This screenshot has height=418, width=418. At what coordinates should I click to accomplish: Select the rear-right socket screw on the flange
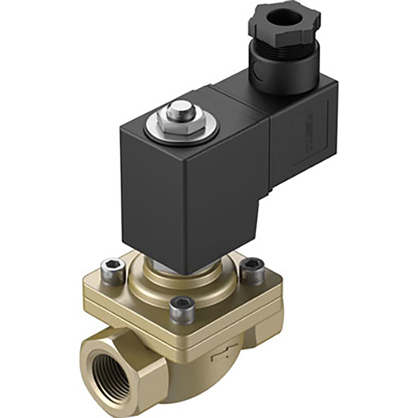(251, 267)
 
